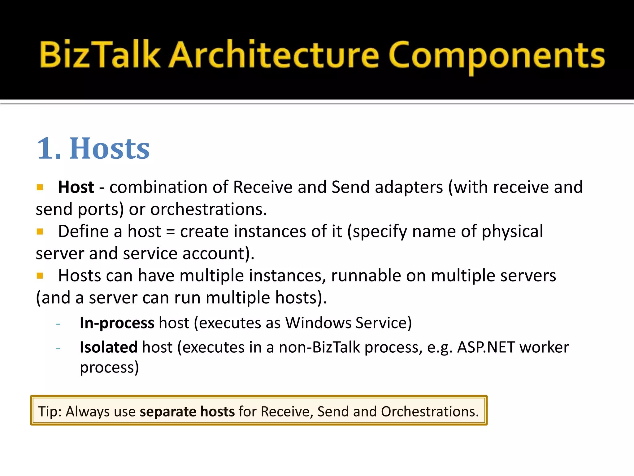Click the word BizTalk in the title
click(x=100, y=55)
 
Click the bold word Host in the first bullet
click(x=76, y=187)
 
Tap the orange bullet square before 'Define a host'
click(x=40, y=231)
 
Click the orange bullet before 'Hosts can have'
click(x=40, y=275)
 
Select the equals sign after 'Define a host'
click(x=171, y=232)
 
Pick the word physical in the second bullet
click(x=512, y=231)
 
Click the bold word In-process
click(x=117, y=323)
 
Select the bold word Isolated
click(x=108, y=347)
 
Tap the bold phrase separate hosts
click(x=187, y=412)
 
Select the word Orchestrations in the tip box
click(x=430, y=412)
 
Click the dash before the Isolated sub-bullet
click(x=58, y=348)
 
